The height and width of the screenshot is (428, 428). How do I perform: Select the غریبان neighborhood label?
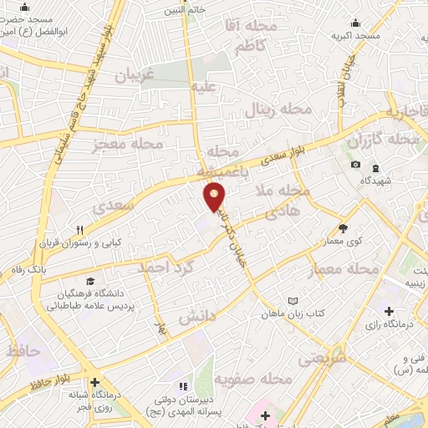coord(137,74)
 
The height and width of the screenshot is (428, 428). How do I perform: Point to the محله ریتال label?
coord(278,110)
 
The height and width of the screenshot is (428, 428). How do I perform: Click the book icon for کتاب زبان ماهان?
coord(292,301)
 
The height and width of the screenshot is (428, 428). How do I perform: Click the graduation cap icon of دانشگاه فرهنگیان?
coord(89,282)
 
